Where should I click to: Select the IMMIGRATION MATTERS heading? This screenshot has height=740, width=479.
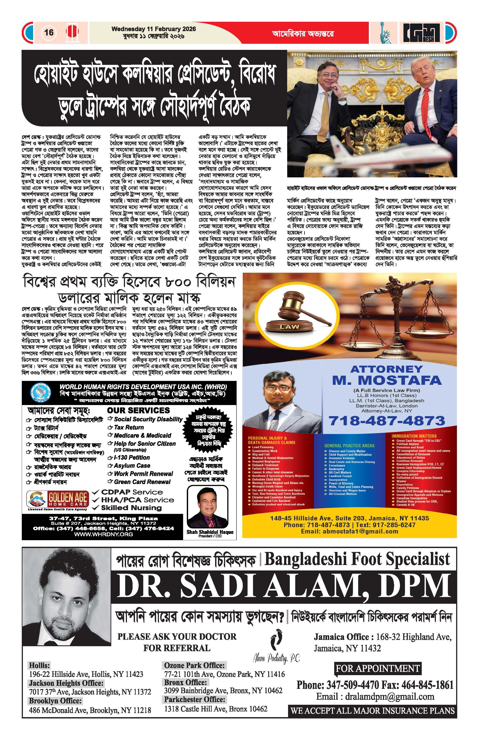coord(414,436)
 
